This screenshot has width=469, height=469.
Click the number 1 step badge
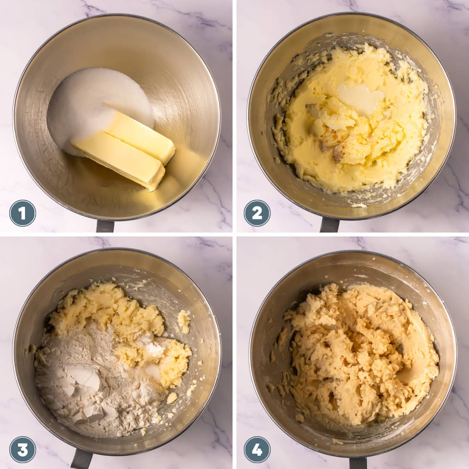pos(22,213)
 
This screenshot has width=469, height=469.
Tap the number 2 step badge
pos(257,213)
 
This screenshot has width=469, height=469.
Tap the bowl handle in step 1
pos(105,226)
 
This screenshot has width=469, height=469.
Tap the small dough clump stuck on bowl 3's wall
pos(184,320)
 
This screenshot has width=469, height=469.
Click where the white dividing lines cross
pos(234,234)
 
